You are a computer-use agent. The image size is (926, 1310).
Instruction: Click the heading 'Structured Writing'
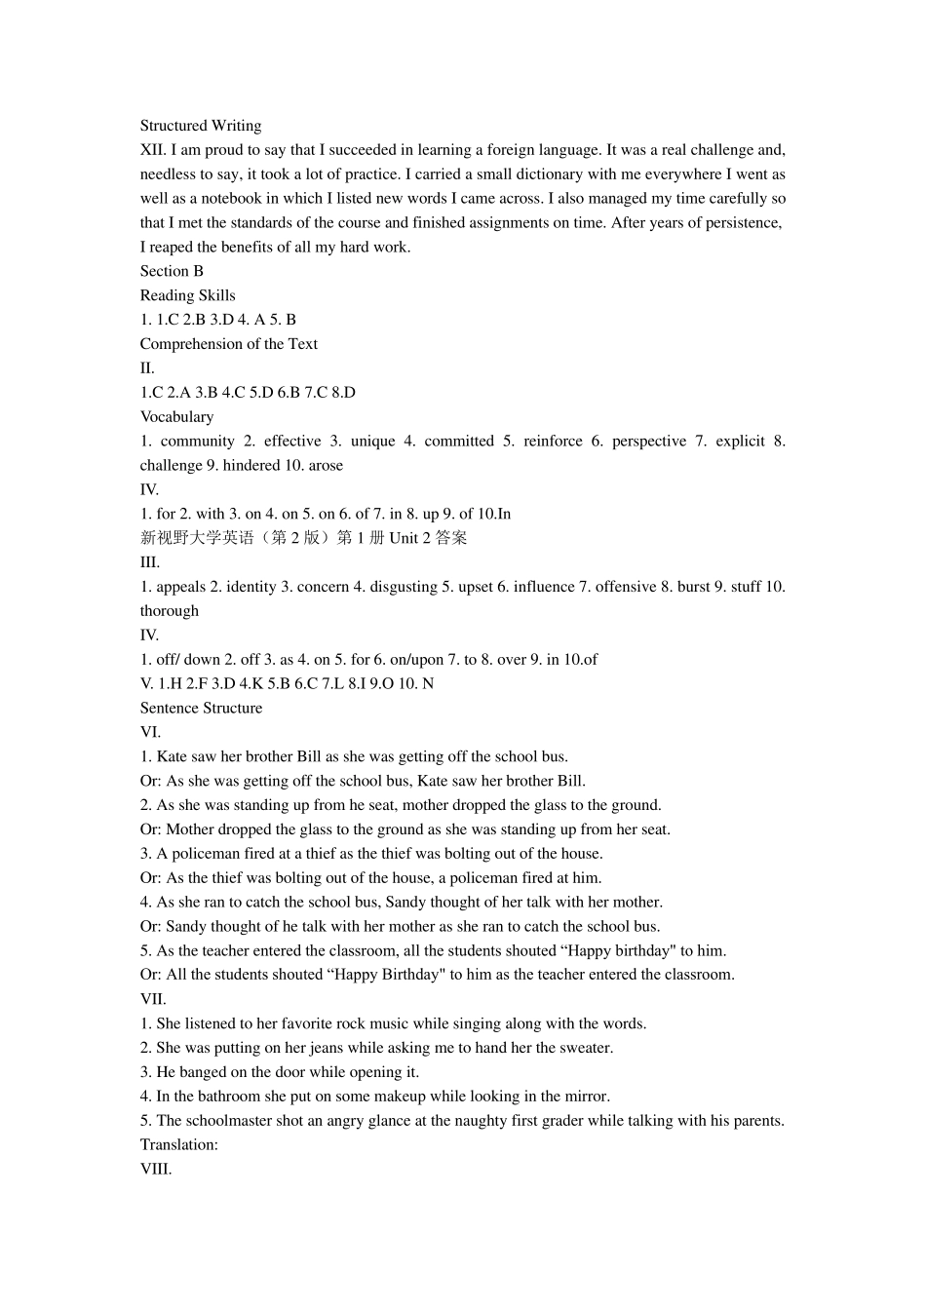coord(201,126)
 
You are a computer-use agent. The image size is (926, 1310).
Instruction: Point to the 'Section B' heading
coord(172,271)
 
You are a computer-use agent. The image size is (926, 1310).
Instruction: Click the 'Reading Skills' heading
coord(187,295)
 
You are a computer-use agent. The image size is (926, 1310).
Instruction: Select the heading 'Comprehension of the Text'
coord(228,344)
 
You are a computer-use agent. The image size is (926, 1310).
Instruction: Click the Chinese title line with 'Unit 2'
coord(303,538)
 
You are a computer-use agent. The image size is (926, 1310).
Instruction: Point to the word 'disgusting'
coord(404,587)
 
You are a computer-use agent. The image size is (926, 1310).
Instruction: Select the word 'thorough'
coord(169,611)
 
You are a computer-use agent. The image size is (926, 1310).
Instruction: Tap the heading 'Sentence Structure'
coord(201,709)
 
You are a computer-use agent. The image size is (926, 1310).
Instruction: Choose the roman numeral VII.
coord(153,999)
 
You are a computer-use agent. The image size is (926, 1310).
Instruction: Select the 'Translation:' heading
coord(178,1145)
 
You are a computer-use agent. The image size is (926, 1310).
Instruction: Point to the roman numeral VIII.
coord(156,1170)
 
